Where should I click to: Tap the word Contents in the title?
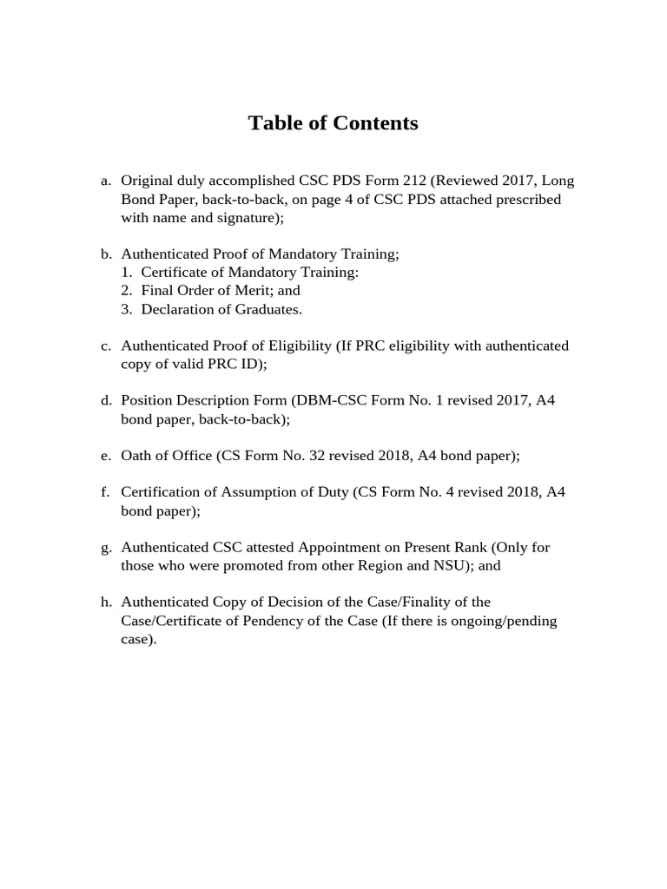(373, 123)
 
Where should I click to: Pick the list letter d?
(106, 400)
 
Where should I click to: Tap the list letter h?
(106, 602)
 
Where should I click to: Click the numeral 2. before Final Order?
(127, 291)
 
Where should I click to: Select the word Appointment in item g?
(340, 547)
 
